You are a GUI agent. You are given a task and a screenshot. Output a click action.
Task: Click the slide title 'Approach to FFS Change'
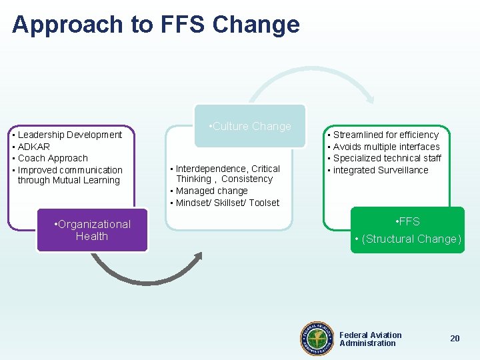[156, 25]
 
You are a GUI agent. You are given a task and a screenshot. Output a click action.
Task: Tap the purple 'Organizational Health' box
[92, 231]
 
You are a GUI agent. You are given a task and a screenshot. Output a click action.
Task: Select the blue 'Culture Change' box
[250, 126]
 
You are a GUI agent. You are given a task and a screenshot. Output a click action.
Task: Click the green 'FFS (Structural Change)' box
[408, 230]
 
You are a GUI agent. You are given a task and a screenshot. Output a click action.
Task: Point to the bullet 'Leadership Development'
[69, 135]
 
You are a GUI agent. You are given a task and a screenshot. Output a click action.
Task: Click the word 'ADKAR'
[33, 147]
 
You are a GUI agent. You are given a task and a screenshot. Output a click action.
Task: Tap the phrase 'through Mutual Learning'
[69, 181]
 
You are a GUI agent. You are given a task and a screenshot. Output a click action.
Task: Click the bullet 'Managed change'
[211, 191]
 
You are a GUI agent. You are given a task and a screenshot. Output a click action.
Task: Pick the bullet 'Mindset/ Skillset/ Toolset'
[227, 203]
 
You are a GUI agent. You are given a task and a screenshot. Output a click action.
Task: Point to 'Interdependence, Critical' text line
[227, 169]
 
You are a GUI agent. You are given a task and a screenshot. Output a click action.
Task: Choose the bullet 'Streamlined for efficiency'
[385, 135]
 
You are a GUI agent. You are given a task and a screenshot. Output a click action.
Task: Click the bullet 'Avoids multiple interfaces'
[386, 147]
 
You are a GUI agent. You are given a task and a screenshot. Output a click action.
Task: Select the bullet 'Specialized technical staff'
[387, 158]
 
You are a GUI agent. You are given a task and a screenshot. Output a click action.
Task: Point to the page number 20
[455, 339]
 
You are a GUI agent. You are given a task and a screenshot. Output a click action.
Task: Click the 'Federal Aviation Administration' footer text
[370, 339]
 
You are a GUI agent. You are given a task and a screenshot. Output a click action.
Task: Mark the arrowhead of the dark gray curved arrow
[198, 257]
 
